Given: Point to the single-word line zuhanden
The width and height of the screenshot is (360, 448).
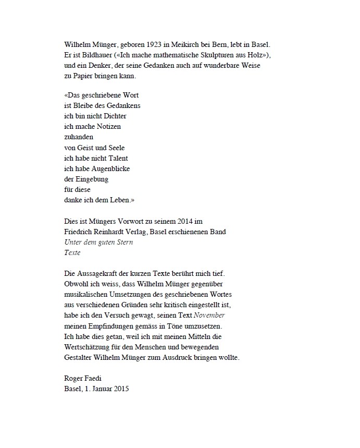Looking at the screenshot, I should [79, 137].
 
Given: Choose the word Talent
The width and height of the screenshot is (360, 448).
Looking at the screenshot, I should [116, 158].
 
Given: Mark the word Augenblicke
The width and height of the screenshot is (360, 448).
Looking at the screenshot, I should [111, 168].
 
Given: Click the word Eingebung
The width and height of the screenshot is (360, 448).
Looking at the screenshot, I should [91, 179].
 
